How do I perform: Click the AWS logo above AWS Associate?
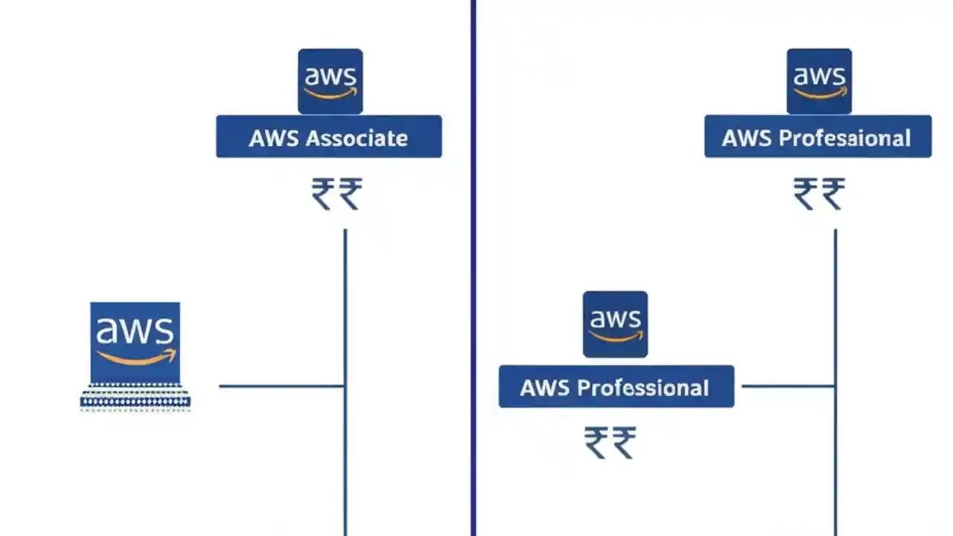click(331, 81)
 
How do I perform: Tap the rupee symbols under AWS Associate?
click(337, 194)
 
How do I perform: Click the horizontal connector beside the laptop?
click(281, 386)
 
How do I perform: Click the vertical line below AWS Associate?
click(345, 313)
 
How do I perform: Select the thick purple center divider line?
click(473, 268)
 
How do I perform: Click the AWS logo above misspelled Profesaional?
click(819, 81)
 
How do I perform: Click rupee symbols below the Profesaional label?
click(819, 194)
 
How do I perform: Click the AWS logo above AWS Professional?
click(615, 324)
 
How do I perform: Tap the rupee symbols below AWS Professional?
click(610, 442)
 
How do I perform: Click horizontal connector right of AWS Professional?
click(788, 386)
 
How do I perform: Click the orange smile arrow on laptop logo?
click(137, 358)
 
